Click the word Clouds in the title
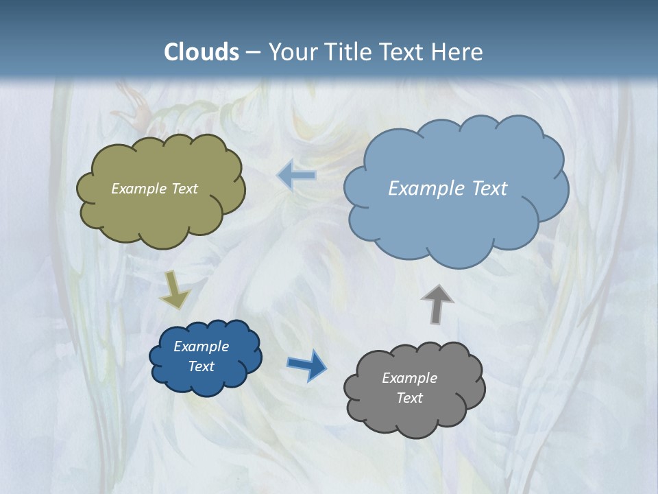pos(202,52)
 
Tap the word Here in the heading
pos(459,52)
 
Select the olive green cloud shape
pos(161,213)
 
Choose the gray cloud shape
pos(414,419)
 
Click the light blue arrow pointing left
pos(296,176)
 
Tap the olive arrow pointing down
pos(175,290)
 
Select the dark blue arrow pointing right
pos(306,364)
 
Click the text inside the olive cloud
pos(154,189)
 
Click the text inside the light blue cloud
pos(448,189)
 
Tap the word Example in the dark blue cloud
pos(201,346)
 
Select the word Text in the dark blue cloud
pos(201,366)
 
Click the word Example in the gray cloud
pos(409,378)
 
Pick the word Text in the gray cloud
pos(409,398)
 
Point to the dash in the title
pos(252,52)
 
